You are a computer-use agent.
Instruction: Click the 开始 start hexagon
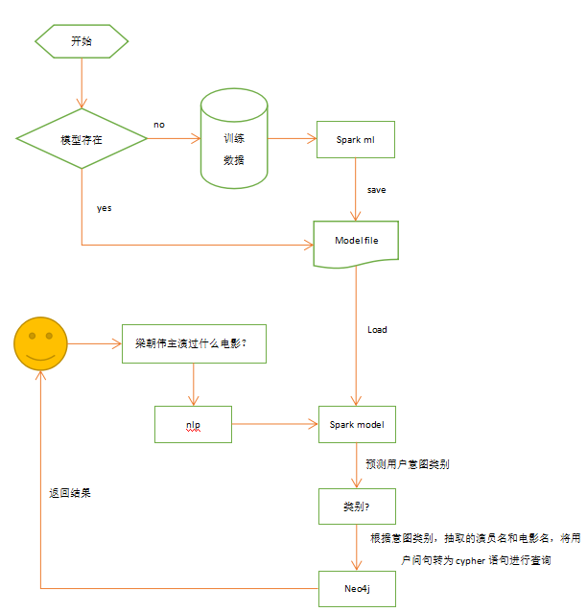(82, 41)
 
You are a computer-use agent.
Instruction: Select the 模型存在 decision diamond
(82, 139)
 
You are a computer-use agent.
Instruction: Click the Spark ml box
(356, 140)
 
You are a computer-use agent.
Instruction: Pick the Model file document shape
(356, 242)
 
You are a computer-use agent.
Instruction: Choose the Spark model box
(356, 424)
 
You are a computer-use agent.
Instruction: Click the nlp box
(194, 424)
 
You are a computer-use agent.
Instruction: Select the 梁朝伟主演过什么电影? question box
(194, 343)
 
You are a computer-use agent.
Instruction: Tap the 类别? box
(356, 506)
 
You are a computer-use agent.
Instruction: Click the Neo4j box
(356, 587)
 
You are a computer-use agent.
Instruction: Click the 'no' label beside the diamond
(159, 125)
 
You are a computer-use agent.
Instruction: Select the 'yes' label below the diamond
(104, 207)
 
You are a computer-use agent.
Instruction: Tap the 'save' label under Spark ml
(376, 190)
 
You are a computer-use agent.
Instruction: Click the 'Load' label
(377, 329)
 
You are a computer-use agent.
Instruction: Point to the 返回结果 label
(70, 492)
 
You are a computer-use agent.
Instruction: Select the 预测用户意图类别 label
(408, 464)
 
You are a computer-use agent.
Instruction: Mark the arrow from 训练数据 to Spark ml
(292, 140)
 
